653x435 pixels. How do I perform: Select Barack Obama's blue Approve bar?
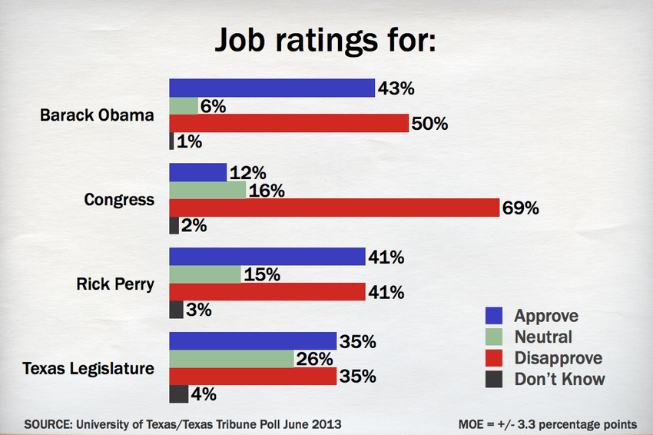click(271, 88)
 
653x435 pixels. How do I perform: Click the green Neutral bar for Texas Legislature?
click(231, 359)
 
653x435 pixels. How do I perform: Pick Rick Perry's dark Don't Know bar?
click(176, 310)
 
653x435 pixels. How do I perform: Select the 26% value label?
click(315, 359)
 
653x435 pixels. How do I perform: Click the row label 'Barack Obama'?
click(97, 115)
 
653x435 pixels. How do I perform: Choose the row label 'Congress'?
click(119, 200)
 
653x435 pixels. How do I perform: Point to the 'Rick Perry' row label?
click(115, 284)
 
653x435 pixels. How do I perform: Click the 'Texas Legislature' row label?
click(88, 368)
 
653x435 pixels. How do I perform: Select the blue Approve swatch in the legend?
click(494, 316)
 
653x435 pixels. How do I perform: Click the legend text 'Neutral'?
click(543, 337)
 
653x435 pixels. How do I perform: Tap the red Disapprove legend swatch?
click(494, 358)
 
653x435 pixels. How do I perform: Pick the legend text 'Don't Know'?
click(559, 379)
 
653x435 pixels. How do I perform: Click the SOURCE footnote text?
click(183, 423)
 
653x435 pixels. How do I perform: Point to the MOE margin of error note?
click(546, 423)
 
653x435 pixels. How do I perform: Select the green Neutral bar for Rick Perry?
click(204, 274)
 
